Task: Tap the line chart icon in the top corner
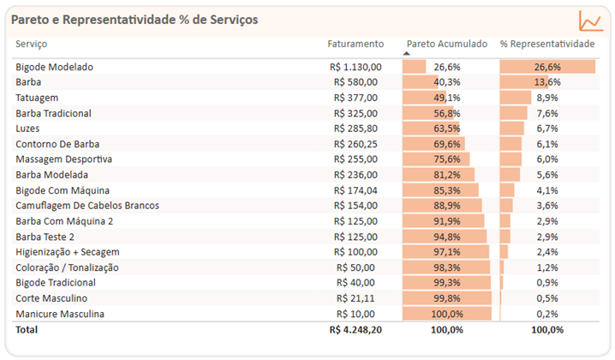pyautogui.click(x=590, y=21)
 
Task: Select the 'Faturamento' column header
pyautogui.click(x=355, y=43)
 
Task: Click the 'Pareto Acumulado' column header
pyautogui.click(x=446, y=43)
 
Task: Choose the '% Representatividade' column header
pyautogui.click(x=546, y=43)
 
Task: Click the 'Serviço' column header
pyautogui.click(x=32, y=43)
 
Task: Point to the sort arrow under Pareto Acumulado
pyautogui.click(x=407, y=53)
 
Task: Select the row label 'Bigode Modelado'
pyautogui.click(x=54, y=67)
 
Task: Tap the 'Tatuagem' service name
pyautogui.click(x=37, y=98)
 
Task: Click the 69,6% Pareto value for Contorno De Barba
pyautogui.click(x=446, y=144)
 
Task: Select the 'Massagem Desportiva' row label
pyautogui.click(x=63, y=159)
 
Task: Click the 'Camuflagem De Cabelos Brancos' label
pyautogui.click(x=87, y=206)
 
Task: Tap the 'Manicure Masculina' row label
pyautogui.click(x=60, y=314)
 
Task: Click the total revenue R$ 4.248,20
pyautogui.click(x=355, y=329)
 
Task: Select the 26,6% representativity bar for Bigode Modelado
pyautogui.click(x=546, y=67)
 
